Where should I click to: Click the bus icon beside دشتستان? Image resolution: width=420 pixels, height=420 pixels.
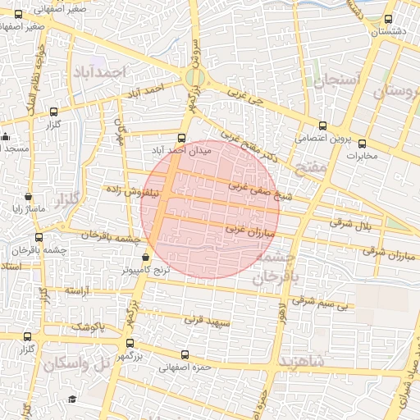(388, 20)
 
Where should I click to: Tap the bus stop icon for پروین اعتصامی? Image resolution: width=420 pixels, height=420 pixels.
(322, 126)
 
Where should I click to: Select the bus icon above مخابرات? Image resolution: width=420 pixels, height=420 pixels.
(362, 144)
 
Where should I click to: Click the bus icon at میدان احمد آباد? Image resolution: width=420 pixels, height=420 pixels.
(181, 138)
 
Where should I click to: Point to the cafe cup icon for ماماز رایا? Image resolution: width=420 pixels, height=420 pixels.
(29, 197)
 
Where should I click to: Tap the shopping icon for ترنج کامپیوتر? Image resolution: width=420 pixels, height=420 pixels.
(146, 256)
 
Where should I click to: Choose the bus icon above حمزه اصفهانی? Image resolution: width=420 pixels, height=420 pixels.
(184, 355)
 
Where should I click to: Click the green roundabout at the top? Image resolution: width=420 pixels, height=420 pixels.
(194, 78)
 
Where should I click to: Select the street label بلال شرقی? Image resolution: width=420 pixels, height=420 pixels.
(345, 221)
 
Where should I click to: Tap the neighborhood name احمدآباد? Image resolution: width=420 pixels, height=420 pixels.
(97, 72)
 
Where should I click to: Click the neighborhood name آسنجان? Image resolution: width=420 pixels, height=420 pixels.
(331, 79)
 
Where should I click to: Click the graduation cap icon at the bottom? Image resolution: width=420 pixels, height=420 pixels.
(72, 399)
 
